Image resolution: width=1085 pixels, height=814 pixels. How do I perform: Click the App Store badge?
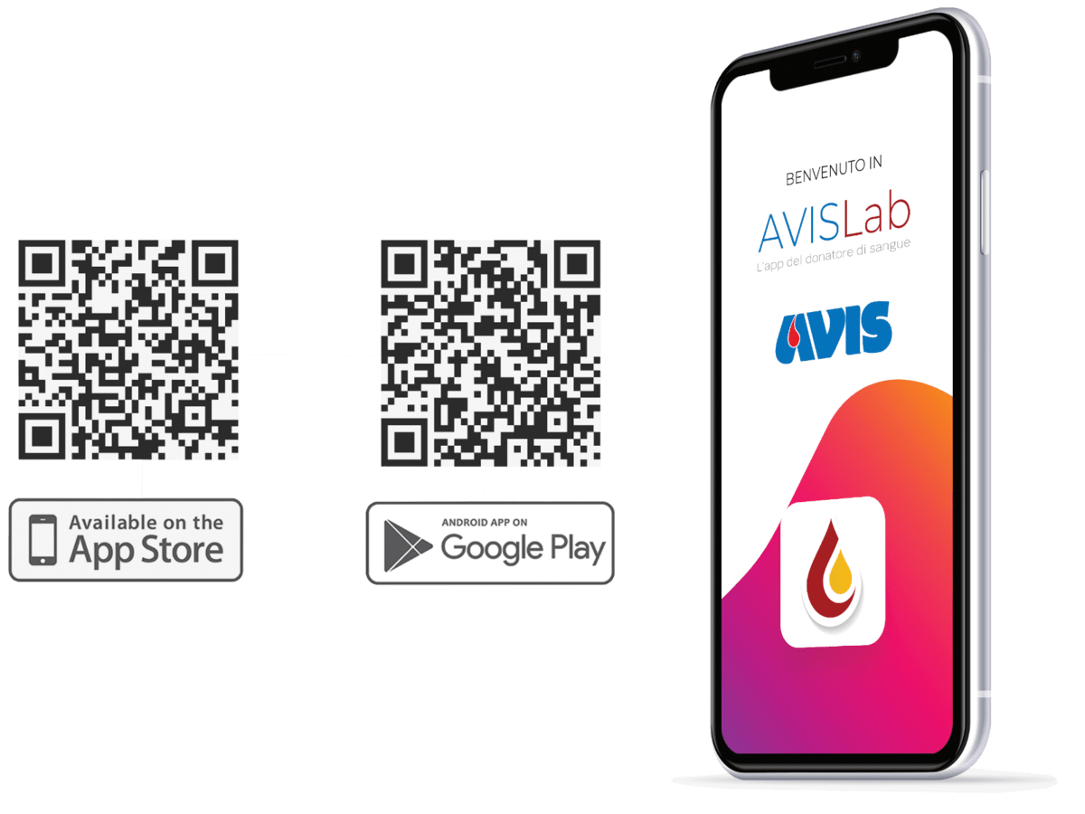pyautogui.click(x=126, y=540)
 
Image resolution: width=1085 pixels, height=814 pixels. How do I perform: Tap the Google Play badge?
pyautogui.click(x=490, y=544)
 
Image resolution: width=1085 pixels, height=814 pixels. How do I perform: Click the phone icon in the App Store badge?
pyautogui.click(x=42, y=540)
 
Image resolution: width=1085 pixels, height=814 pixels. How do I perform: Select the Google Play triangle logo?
pyautogui.click(x=407, y=545)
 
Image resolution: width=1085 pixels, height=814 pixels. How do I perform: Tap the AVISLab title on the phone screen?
pyautogui.click(x=835, y=221)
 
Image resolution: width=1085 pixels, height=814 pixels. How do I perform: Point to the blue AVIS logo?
pyautogui.click(x=834, y=332)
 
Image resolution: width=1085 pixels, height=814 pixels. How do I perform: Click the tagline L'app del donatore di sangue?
pyautogui.click(x=834, y=255)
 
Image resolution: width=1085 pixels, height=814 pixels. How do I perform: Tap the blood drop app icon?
pyautogui.click(x=833, y=572)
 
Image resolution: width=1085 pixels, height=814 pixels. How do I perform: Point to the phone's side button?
pyautogui.click(x=985, y=212)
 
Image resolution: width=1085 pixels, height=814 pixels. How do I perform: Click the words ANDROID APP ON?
pyautogui.click(x=485, y=523)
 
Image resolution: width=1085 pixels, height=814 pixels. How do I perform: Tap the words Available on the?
pyautogui.click(x=146, y=523)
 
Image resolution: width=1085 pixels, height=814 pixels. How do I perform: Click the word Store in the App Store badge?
pyautogui.click(x=182, y=550)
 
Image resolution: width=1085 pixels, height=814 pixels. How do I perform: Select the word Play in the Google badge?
pyautogui.click(x=578, y=549)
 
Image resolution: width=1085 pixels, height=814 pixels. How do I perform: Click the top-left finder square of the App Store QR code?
pyautogui.click(x=42, y=263)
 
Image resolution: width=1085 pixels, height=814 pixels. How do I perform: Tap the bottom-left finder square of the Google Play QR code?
pyautogui.click(x=404, y=442)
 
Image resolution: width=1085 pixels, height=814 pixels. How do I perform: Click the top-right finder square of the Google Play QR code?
pyautogui.click(x=577, y=263)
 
